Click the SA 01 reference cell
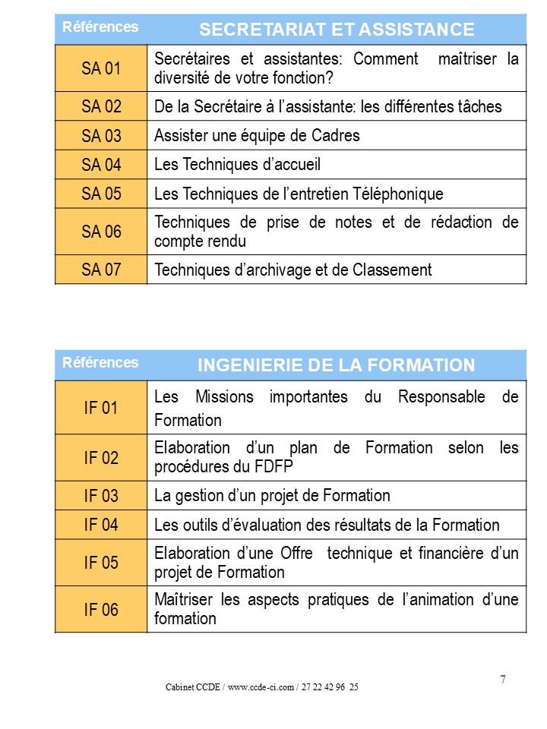[101, 68]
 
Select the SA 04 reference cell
[101, 164]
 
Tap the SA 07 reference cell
[101, 270]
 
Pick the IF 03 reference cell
[101, 496]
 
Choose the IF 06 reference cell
[101, 609]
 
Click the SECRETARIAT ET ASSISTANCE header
[336, 30]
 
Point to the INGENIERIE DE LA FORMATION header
[336, 365]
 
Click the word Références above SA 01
[100, 27]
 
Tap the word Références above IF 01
[100, 362]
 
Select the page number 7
[503, 680]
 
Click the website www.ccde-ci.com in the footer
[261, 687]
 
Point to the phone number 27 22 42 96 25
[331, 687]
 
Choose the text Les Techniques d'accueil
[237, 164]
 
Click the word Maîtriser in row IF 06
[184, 600]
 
